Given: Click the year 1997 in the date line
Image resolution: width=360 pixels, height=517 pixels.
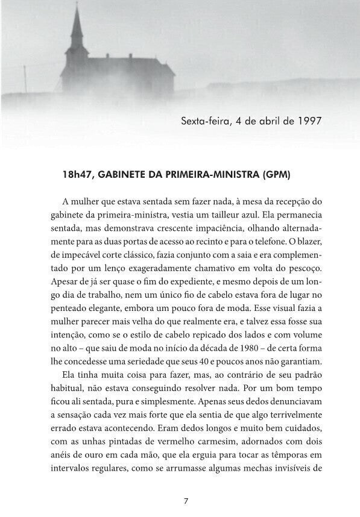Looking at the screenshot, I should click(x=309, y=121).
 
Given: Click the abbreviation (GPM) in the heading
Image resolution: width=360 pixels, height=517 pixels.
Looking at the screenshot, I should click(x=276, y=175).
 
